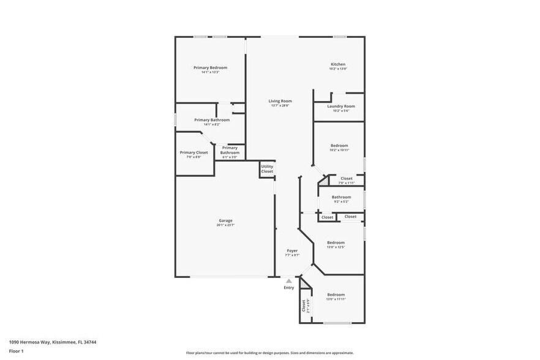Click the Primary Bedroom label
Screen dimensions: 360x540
pyautogui.click(x=210, y=67)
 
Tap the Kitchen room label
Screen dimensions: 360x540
pyautogui.click(x=338, y=64)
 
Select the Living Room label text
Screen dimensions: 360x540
pyautogui.click(x=280, y=101)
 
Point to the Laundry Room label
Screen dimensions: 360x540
pyautogui.click(x=340, y=107)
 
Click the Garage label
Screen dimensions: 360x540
pyautogui.click(x=225, y=220)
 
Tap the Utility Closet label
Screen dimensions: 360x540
pyautogui.click(x=267, y=169)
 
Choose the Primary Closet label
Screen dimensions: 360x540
pyautogui.click(x=193, y=152)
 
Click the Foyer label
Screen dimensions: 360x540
pyautogui.click(x=292, y=250)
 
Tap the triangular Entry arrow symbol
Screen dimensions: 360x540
pyautogui.click(x=289, y=281)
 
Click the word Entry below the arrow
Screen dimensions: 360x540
pyautogui.click(x=289, y=288)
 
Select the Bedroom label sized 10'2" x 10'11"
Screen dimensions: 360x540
pyautogui.click(x=339, y=146)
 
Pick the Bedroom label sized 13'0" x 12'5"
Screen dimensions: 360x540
pyautogui.click(x=336, y=242)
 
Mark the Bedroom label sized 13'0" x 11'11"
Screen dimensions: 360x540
pyautogui.click(x=336, y=294)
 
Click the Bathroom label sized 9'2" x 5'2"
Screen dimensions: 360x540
pyautogui.click(x=341, y=197)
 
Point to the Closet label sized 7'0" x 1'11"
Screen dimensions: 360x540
pyautogui.click(x=347, y=179)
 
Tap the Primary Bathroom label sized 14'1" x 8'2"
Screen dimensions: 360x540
pyautogui.click(x=212, y=120)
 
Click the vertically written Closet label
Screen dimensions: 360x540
pyautogui.click(x=304, y=306)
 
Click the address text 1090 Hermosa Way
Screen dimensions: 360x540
pyautogui.click(x=53, y=342)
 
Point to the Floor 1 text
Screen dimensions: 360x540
pyautogui.click(x=17, y=351)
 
